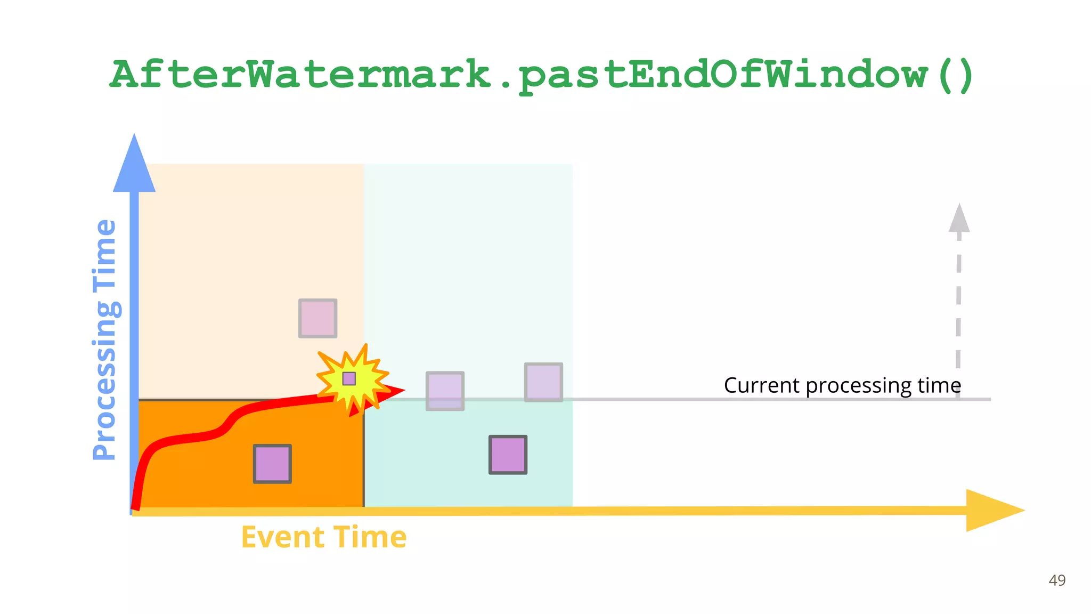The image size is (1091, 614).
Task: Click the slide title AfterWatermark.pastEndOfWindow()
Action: click(x=542, y=75)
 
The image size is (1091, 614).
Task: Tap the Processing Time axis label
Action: click(x=105, y=340)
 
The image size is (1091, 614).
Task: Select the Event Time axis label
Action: click(x=323, y=537)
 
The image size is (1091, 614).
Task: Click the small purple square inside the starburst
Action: click(x=349, y=378)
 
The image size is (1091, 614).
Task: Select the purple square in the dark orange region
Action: click(x=272, y=464)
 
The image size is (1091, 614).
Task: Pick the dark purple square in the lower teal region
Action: click(x=508, y=455)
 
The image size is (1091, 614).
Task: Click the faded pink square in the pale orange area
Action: click(x=317, y=318)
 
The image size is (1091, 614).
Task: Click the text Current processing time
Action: click(x=842, y=385)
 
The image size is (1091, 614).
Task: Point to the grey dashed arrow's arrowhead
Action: click(x=959, y=219)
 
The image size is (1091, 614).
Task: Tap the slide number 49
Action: click(x=1057, y=580)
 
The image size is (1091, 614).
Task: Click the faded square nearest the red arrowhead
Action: click(x=445, y=391)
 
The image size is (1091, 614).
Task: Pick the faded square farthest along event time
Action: click(x=543, y=382)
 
